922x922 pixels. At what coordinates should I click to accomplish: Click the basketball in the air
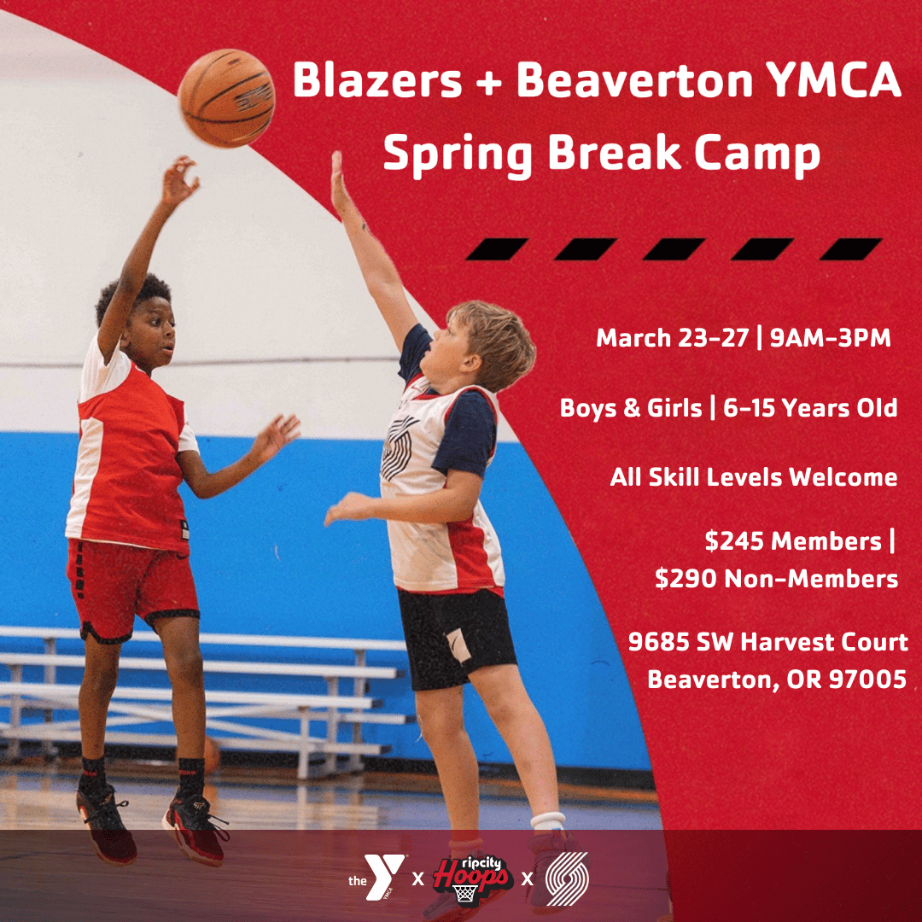pos(226,97)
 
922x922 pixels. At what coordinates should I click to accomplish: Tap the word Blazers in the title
pos(377,80)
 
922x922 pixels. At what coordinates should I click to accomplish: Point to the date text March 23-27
pos(673,338)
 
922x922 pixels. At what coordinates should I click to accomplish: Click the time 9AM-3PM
pos(831,338)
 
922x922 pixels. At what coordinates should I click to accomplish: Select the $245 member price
pos(734,541)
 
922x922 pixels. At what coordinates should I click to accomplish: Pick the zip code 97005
pos(867,680)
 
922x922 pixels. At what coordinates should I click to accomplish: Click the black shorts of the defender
pos(455,639)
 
